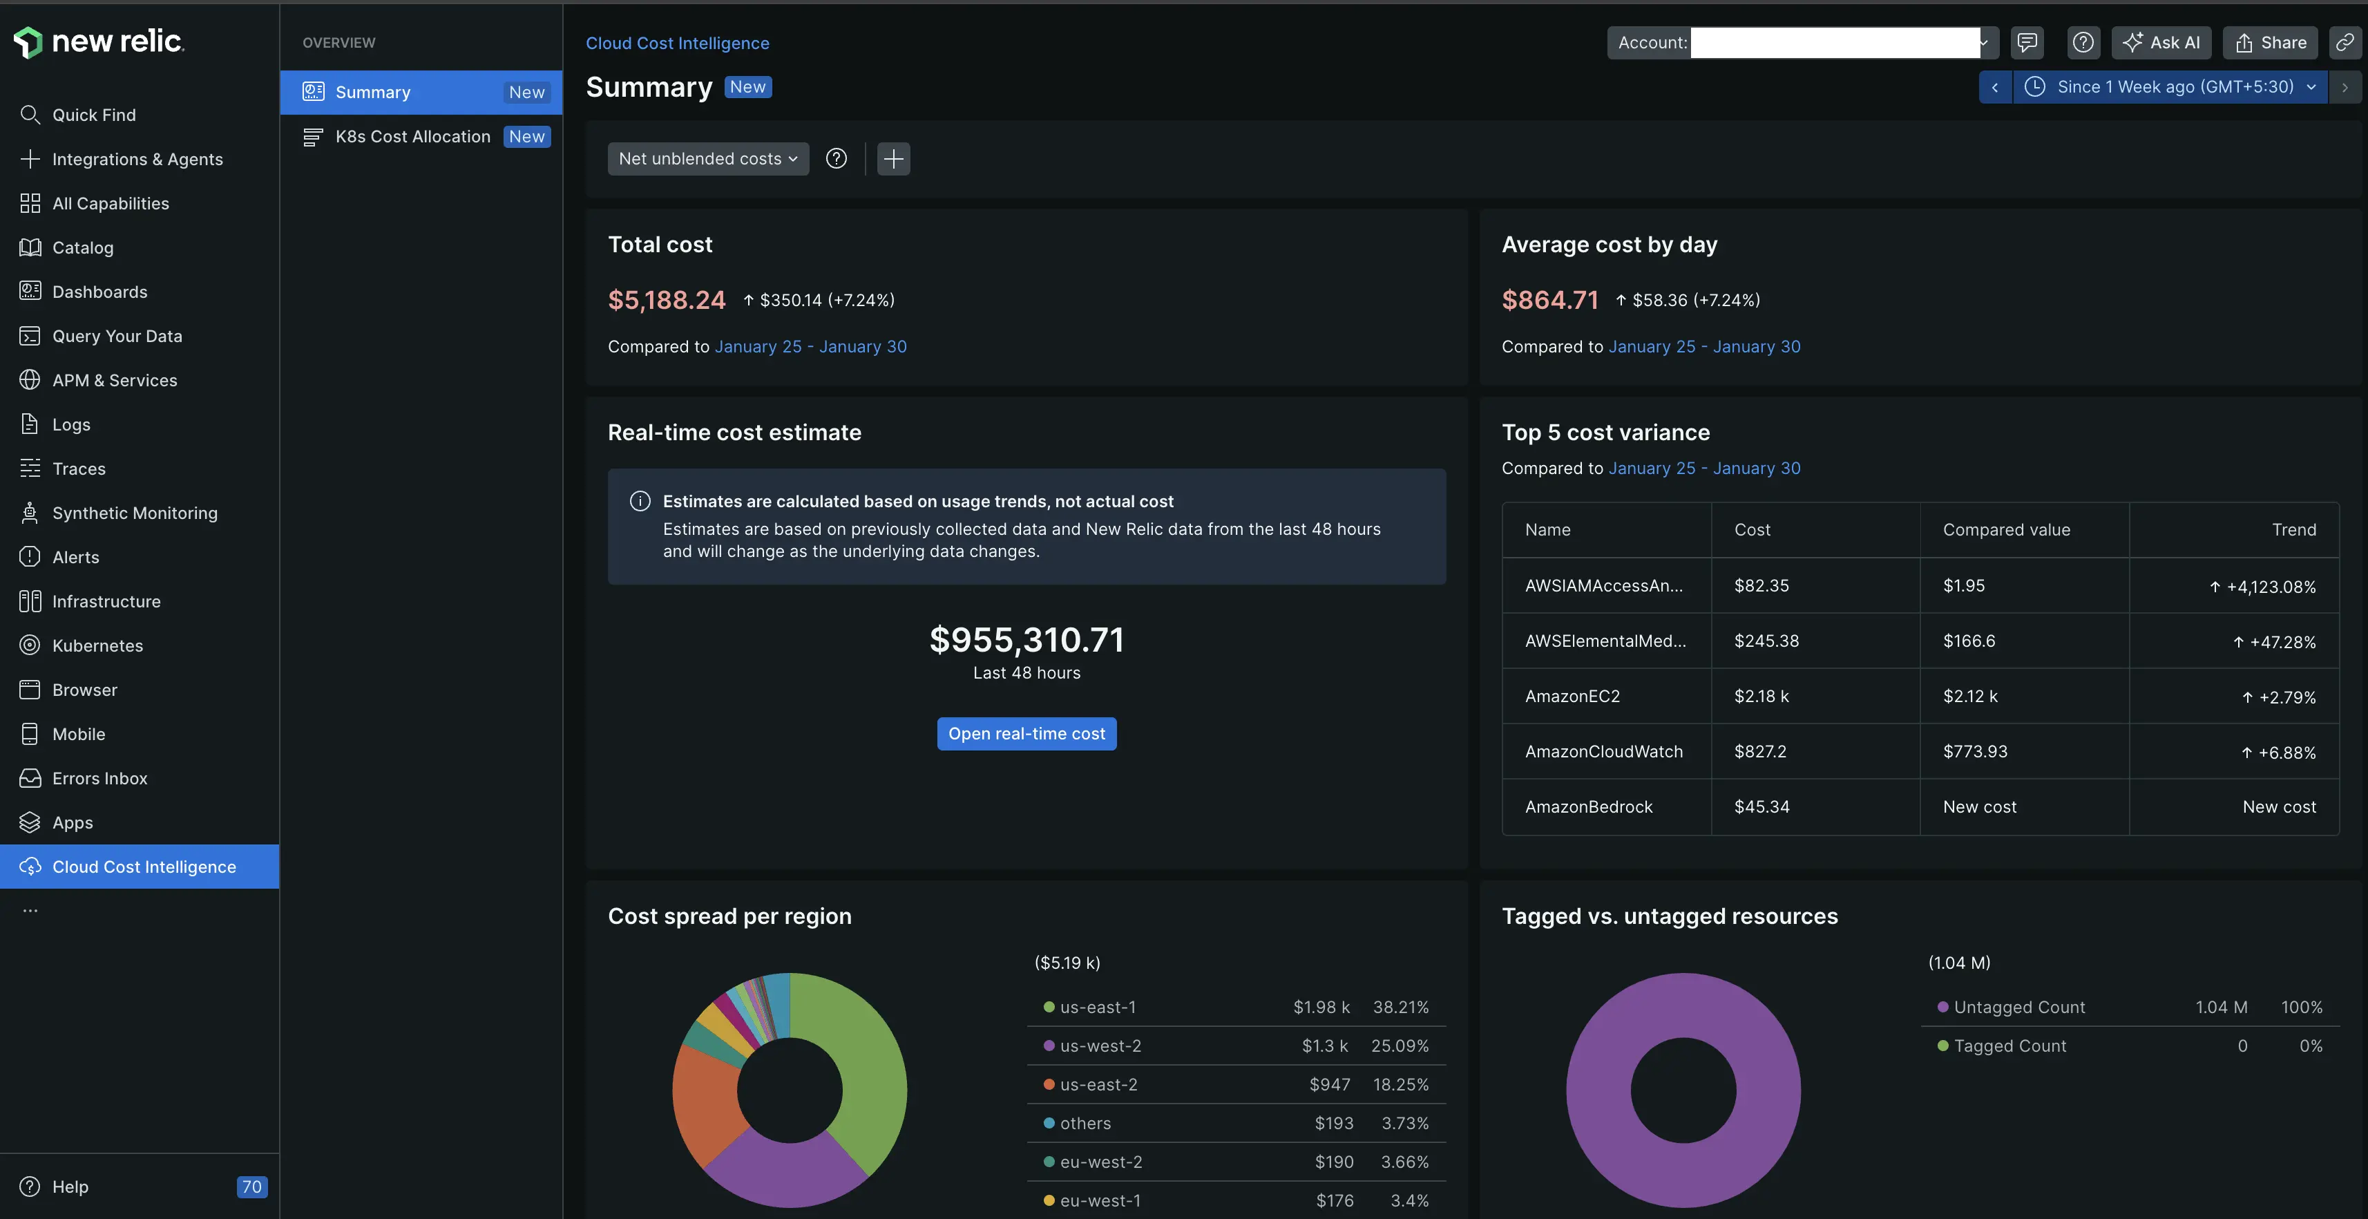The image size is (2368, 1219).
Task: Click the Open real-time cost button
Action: point(1026,734)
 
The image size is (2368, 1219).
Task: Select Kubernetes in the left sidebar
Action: point(97,645)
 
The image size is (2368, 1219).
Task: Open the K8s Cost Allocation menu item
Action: point(413,137)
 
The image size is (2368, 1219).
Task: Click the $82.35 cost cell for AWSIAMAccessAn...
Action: point(1761,585)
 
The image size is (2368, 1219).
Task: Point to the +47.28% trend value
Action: point(2282,642)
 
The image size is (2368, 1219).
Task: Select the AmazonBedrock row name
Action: point(1589,807)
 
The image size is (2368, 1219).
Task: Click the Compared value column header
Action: point(2006,529)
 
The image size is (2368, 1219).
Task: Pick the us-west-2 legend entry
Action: point(1100,1046)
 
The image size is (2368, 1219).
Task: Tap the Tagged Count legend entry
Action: point(2009,1046)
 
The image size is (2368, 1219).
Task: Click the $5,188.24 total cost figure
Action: point(667,300)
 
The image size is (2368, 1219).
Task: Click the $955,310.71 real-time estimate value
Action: point(1026,640)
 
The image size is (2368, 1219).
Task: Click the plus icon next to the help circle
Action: point(892,159)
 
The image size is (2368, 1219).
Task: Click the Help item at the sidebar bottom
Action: point(70,1187)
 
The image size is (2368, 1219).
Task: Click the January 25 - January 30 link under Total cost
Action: point(810,347)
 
